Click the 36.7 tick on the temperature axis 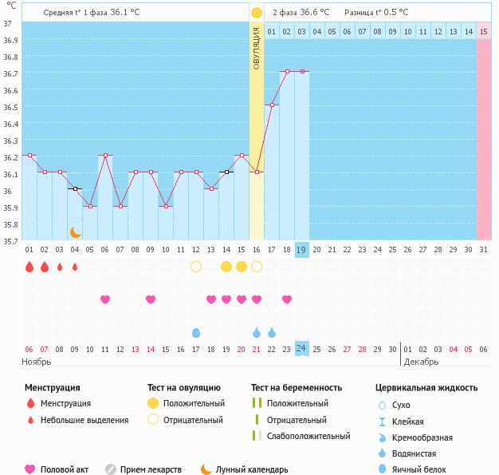tap(10, 74)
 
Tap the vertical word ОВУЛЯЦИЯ tap(257, 48)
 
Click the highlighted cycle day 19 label tap(301, 249)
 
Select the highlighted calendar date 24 tap(301, 348)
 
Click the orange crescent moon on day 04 tap(75, 232)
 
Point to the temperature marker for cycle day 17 tap(272, 105)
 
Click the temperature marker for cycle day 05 tap(90, 206)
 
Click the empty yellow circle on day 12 tap(196, 267)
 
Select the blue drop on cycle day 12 tap(196, 332)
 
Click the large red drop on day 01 tap(29, 267)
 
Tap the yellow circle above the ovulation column tap(256, 13)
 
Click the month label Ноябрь tap(36, 362)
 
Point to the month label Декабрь tap(419, 362)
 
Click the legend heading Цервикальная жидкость tap(426, 388)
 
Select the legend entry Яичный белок tap(424, 469)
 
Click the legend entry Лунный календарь tap(252, 469)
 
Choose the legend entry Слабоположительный tap(308, 436)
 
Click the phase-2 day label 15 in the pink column tap(484, 31)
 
